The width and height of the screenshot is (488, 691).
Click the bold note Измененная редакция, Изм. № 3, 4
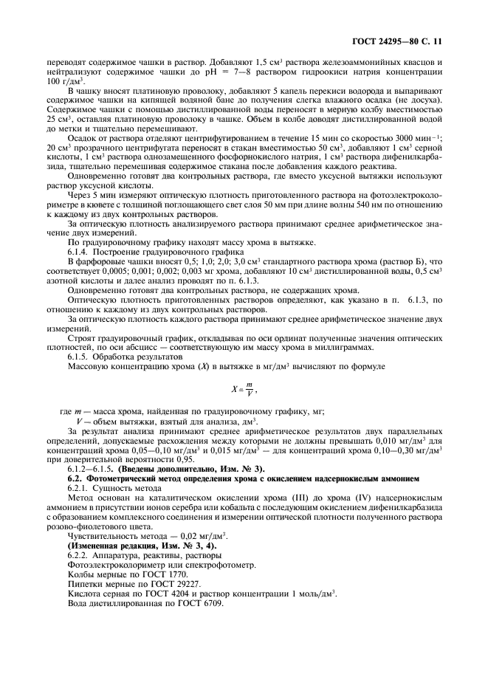point(134,545)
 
